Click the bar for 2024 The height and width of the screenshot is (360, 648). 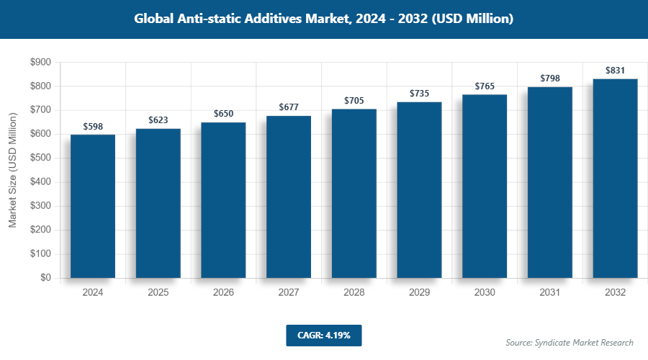[x=93, y=206]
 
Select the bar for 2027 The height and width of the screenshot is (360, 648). [x=289, y=197]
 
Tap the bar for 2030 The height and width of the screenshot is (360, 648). [x=485, y=186]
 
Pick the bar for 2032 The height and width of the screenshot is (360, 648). [x=615, y=178]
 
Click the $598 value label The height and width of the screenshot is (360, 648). [x=93, y=127]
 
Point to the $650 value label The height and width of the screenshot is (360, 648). [x=223, y=114]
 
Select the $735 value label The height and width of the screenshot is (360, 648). [x=419, y=94]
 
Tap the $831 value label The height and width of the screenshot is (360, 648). [x=615, y=71]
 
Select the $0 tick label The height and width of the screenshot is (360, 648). [x=45, y=278]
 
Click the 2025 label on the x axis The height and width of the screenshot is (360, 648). [x=158, y=293]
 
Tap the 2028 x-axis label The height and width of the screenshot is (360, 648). [x=354, y=293]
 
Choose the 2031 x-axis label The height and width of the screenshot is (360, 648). [x=549, y=293]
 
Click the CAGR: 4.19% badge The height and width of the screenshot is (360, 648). [x=323, y=335]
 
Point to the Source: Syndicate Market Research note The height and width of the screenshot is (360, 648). [x=569, y=342]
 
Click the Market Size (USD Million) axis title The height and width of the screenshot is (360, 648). [x=12, y=170]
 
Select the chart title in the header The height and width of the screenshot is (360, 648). [x=324, y=19]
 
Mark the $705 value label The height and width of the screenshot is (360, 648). [x=354, y=101]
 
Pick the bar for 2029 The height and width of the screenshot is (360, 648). [x=419, y=189]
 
